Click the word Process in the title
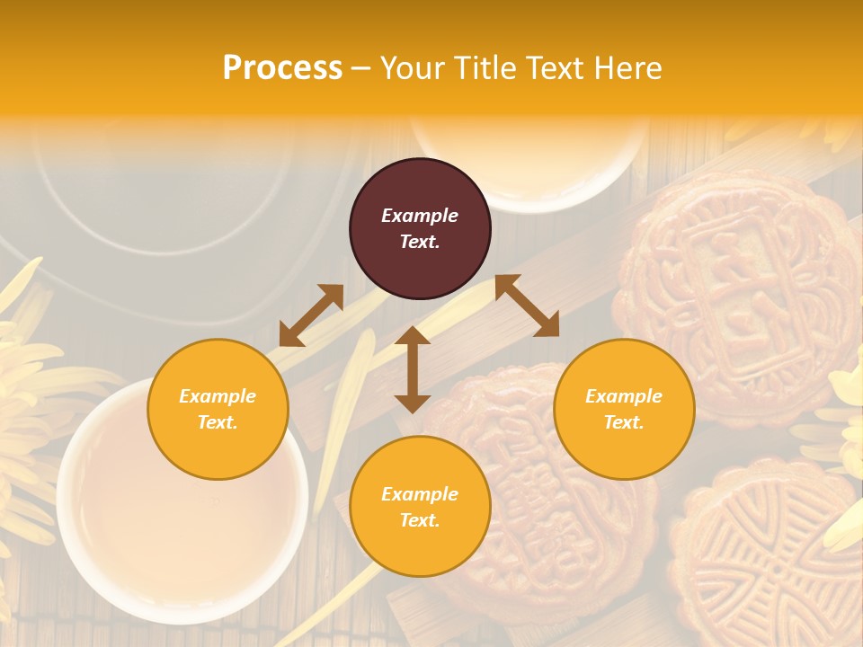click(x=282, y=68)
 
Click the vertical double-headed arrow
click(x=412, y=369)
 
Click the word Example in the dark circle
click(x=420, y=216)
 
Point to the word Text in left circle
click(x=218, y=422)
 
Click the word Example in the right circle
click(x=624, y=396)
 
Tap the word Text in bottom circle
click(x=420, y=520)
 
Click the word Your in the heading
click(x=413, y=68)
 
